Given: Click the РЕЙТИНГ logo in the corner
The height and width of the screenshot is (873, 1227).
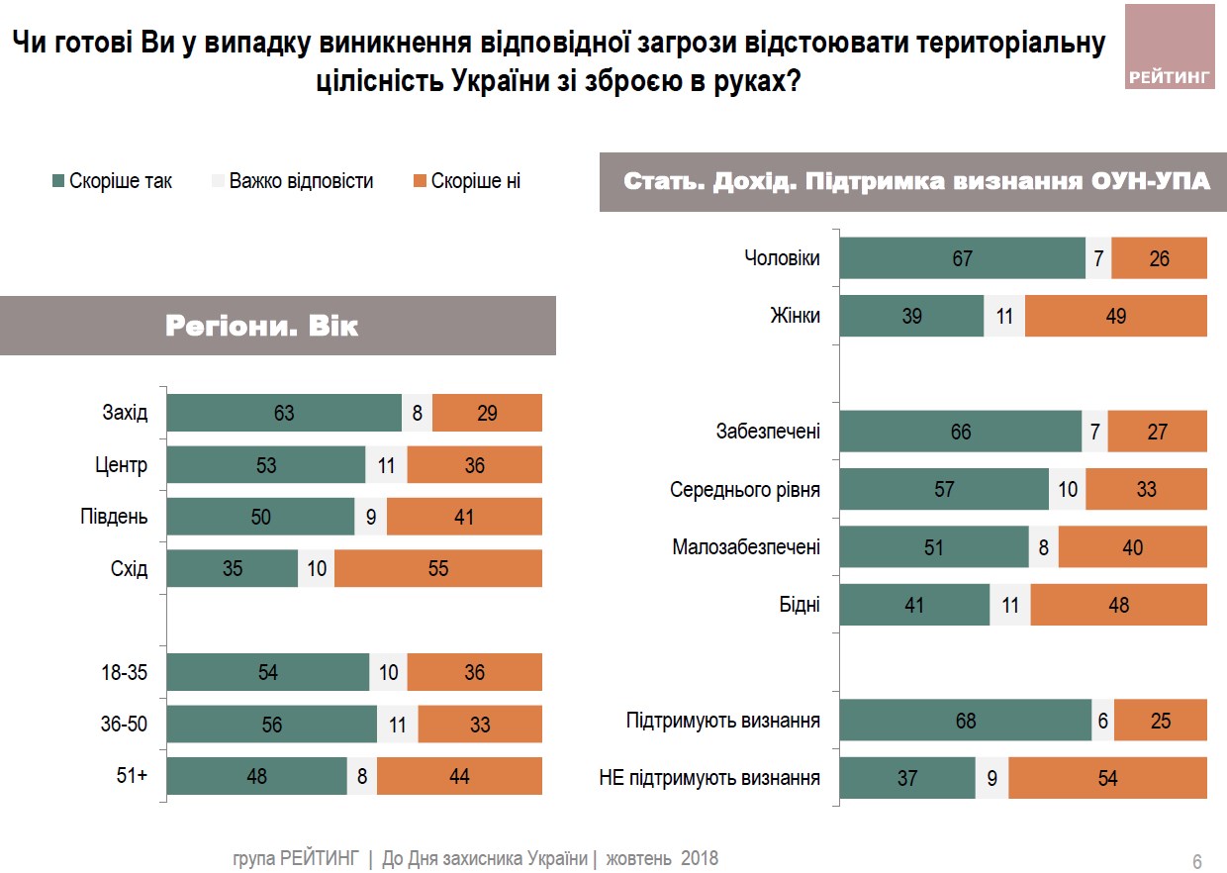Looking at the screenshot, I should click(1169, 47).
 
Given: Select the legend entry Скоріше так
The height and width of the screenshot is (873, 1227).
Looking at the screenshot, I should click(112, 181).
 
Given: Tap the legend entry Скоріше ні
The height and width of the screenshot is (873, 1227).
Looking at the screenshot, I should click(466, 181).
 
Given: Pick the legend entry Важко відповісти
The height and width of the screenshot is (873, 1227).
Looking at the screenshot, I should click(292, 181).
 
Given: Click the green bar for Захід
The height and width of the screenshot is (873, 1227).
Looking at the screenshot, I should click(283, 413).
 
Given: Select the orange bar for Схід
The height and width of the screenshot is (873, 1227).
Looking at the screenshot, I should click(438, 568).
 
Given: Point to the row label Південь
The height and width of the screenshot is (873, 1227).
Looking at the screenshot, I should click(114, 517).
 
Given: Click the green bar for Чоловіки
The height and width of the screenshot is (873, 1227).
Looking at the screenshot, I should click(962, 258).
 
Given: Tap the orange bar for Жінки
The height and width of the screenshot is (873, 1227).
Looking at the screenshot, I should click(1115, 317).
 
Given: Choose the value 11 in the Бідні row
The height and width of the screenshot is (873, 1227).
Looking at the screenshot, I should click(1009, 605).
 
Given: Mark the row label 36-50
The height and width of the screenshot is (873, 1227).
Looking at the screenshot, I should click(124, 725).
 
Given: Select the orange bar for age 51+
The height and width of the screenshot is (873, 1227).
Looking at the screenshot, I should click(459, 776).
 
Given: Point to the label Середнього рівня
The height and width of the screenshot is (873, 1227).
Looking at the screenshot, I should click(744, 489).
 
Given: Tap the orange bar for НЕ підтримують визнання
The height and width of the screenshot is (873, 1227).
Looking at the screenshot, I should click(1107, 779).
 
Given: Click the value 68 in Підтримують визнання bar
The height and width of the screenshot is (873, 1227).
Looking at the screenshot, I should click(965, 721).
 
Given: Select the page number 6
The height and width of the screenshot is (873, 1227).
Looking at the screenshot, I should click(1196, 861).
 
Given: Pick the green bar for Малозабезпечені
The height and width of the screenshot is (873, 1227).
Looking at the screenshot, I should click(934, 546).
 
